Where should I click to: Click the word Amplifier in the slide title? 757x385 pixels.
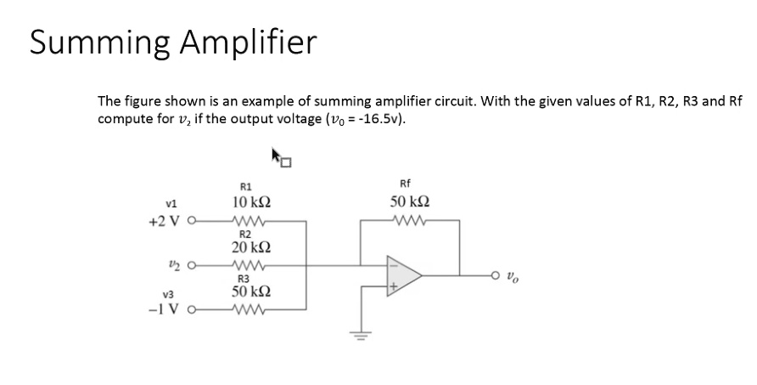point(247,42)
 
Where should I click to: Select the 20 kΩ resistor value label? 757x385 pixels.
point(252,247)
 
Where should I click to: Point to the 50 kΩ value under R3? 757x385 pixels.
point(252,292)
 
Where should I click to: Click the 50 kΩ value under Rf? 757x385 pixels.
point(410,202)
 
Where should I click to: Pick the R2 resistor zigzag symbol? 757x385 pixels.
point(252,264)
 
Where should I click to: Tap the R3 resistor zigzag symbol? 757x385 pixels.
point(252,309)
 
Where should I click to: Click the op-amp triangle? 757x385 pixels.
point(403,275)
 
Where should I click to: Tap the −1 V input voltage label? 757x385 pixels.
point(165,309)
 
